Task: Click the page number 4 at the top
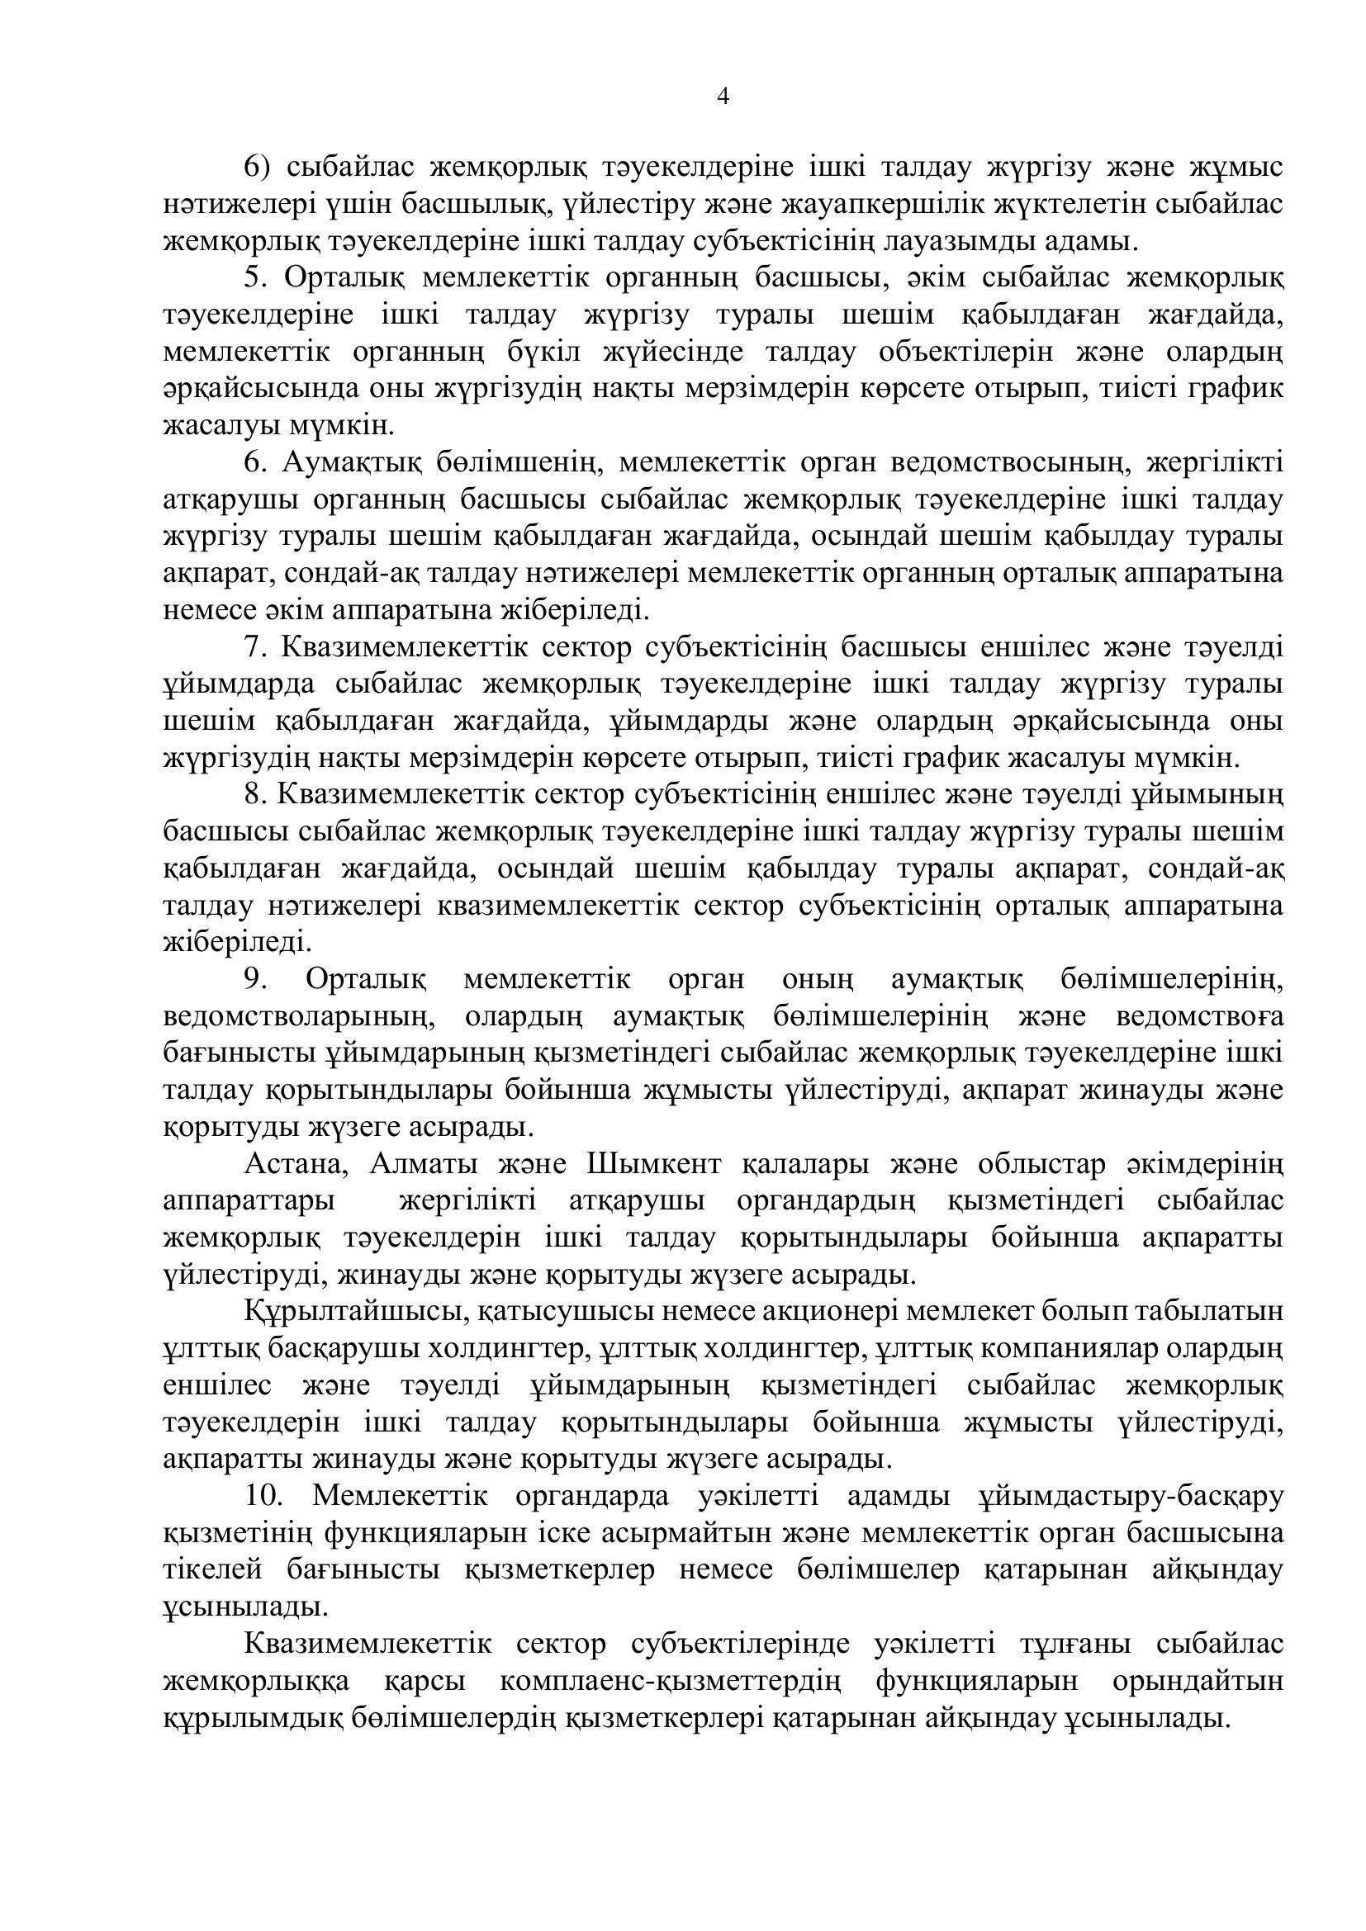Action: (723, 97)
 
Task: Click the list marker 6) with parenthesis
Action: (256, 168)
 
